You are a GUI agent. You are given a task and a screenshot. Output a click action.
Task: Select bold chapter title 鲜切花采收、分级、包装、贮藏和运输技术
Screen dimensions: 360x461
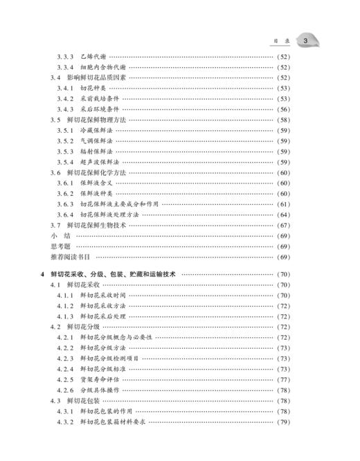[115, 274]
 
